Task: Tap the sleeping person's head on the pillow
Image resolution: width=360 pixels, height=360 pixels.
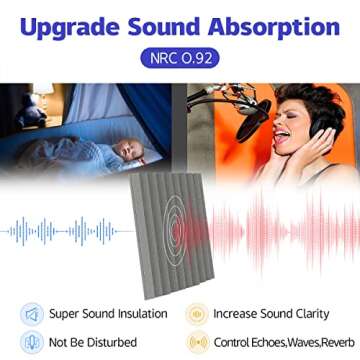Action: tap(124, 152)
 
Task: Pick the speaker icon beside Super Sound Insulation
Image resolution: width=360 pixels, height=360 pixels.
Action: tap(33, 314)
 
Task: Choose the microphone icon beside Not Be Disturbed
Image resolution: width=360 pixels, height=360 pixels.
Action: tap(33, 341)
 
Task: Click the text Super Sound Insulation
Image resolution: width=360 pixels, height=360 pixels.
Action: tap(109, 314)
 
